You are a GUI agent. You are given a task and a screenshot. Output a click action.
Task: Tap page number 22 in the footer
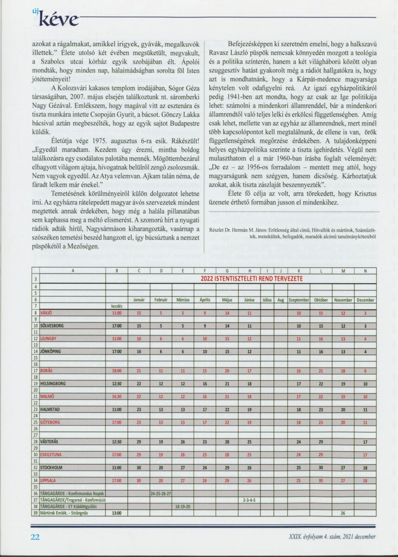[x=35, y=537]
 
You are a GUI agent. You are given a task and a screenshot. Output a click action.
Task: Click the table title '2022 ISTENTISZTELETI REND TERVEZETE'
[x=258, y=279]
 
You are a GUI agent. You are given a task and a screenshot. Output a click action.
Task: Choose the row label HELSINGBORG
[x=54, y=384]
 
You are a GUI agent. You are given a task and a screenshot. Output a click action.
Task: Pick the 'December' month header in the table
[x=366, y=300]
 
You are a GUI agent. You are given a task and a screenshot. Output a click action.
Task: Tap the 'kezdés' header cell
[x=117, y=306]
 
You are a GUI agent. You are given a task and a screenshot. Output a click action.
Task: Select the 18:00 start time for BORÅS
[x=117, y=371]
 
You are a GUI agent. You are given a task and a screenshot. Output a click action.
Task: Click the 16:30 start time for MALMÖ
[x=117, y=396]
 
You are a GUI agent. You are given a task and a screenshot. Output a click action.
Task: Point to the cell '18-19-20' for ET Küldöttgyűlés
[x=183, y=506]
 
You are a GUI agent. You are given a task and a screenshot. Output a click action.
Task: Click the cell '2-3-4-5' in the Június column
[x=250, y=500]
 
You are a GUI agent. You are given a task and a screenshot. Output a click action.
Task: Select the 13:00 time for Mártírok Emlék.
[x=117, y=513]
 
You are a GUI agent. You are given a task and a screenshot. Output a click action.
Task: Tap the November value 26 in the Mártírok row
[x=343, y=513]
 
